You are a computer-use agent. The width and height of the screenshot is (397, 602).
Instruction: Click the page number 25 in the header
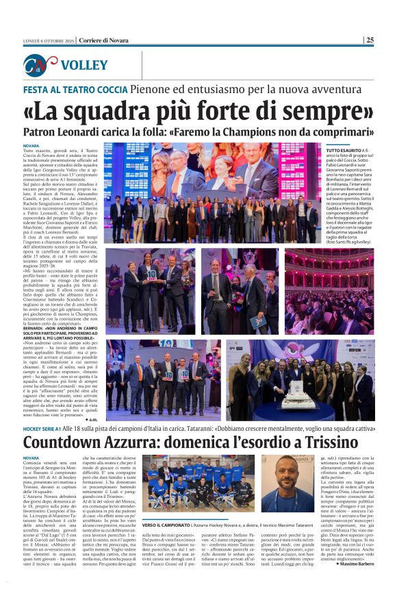370,40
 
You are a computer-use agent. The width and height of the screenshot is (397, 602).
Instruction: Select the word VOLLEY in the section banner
84,66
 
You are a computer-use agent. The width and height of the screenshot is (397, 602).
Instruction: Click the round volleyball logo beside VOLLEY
40,66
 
